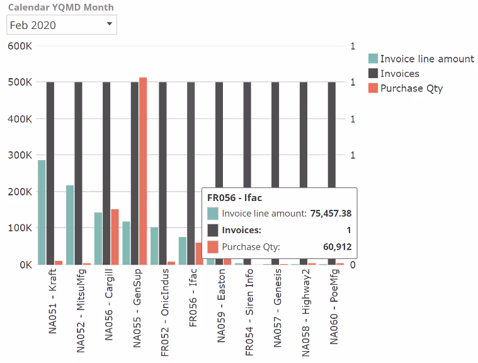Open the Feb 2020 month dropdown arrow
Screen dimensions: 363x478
(109, 24)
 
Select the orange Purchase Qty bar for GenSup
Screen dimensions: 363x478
(143, 171)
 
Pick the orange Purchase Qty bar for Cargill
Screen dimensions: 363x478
(115, 236)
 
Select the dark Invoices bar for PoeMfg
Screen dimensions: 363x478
(331, 173)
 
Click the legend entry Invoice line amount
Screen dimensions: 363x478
(426, 59)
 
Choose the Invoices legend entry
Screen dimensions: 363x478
(399, 74)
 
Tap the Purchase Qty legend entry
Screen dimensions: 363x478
(411, 88)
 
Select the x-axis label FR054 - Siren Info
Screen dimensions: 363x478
(249, 305)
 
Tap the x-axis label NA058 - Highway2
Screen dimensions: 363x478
(305, 305)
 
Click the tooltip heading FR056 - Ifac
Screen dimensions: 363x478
(234, 198)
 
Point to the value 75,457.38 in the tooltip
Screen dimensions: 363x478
(331, 214)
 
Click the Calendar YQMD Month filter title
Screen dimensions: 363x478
(60, 7)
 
